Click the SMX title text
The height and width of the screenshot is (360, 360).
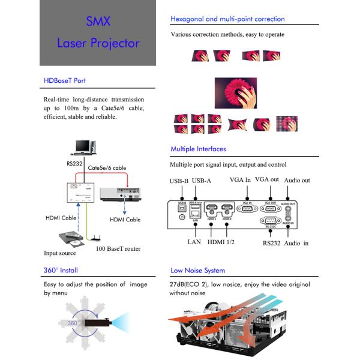(98, 22)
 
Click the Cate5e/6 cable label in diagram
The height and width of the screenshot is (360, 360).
(107, 169)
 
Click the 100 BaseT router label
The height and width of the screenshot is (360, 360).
(119, 248)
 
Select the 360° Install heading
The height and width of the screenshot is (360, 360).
(61, 271)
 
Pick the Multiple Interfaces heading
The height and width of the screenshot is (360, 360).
(198, 149)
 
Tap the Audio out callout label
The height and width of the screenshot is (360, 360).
(298, 180)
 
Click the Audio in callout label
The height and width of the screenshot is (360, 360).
(296, 243)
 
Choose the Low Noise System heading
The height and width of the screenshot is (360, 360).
(197, 271)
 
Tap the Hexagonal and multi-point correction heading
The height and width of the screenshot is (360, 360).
(227, 19)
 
